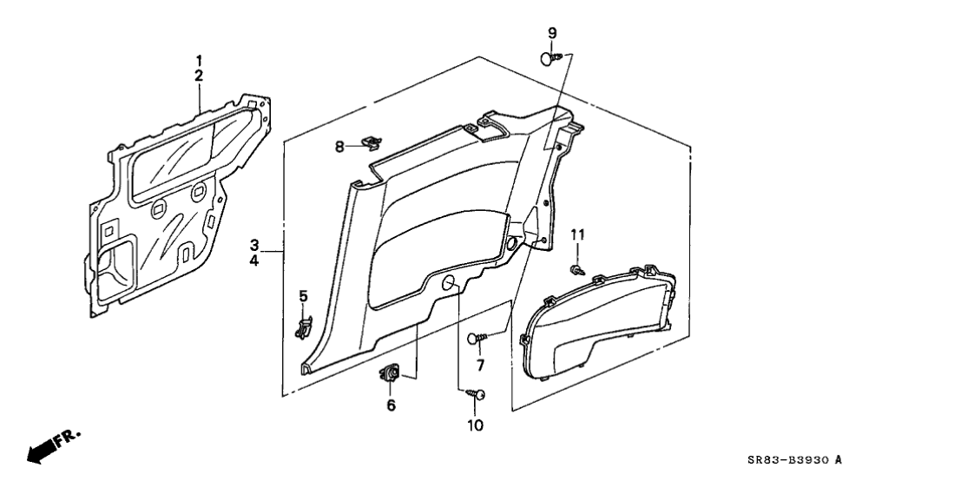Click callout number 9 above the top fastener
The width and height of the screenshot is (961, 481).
[x=552, y=33]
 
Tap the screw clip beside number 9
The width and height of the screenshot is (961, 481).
[x=551, y=58]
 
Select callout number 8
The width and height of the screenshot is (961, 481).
[x=339, y=147]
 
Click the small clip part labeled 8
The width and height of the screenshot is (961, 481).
[x=371, y=142]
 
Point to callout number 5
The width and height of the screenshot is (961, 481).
[x=303, y=297]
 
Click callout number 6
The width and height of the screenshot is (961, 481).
[x=391, y=405]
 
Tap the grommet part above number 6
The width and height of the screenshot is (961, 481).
[x=390, y=372]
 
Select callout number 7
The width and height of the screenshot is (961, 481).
[x=480, y=366]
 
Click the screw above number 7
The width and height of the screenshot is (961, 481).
[x=477, y=338]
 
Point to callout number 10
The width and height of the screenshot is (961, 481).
[x=475, y=425]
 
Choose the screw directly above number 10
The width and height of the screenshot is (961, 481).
[x=476, y=394]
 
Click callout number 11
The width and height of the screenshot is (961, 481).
[x=578, y=234]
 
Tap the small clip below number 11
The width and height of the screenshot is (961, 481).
[x=577, y=270]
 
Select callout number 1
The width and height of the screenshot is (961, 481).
[x=199, y=61]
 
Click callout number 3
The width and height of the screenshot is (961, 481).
[x=254, y=246]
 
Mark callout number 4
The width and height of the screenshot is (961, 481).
[x=254, y=260]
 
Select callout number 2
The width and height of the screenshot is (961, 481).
[x=199, y=76]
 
